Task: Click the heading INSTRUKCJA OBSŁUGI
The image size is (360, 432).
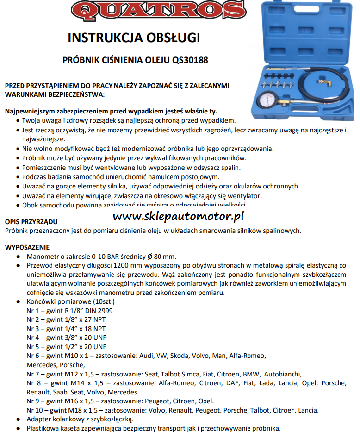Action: (x=134, y=38)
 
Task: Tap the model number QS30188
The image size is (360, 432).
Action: (x=190, y=60)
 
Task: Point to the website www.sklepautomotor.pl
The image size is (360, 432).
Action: (x=178, y=216)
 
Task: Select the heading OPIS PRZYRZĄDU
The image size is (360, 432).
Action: (x=31, y=222)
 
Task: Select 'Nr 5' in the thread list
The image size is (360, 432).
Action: (x=33, y=347)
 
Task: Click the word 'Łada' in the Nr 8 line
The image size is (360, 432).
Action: (x=264, y=383)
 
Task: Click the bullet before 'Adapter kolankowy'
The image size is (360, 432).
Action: (x=18, y=419)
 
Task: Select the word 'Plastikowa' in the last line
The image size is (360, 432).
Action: (x=43, y=428)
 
